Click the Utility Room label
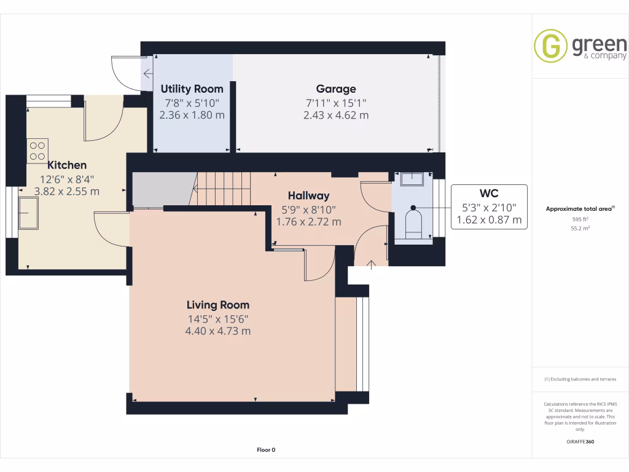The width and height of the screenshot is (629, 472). (192, 89)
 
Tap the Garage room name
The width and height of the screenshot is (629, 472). (336, 89)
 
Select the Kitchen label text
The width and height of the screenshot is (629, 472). (67, 165)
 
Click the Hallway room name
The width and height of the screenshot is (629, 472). (309, 195)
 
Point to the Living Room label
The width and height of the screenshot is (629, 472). (218, 305)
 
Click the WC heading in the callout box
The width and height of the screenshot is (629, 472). (489, 193)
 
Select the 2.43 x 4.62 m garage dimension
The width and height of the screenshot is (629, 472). (336, 115)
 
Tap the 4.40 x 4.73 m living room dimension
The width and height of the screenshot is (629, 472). (218, 331)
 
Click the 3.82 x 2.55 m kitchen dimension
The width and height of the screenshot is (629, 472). (67, 191)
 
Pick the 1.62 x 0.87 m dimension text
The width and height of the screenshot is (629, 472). (489, 219)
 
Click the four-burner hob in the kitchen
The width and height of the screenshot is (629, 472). (37, 151)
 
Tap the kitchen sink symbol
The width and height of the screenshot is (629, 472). (29, 213)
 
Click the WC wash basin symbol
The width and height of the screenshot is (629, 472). (412, 179)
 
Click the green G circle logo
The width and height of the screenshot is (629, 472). (550, 46)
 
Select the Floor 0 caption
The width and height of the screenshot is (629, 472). (266, 450)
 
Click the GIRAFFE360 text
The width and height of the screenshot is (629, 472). (580, 442)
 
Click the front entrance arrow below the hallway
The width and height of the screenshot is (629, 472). (371, 264)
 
